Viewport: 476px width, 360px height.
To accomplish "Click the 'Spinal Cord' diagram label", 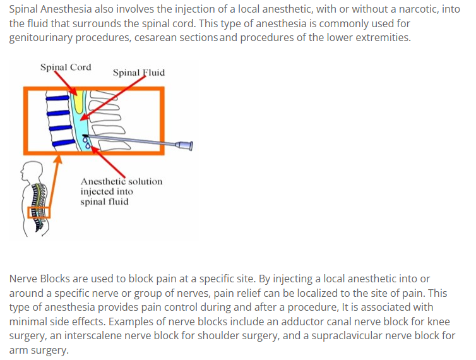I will pyautogui.click(x=66, y=67).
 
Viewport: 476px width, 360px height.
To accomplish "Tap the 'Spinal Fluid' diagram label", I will pyautogui.click(x=139, y=73).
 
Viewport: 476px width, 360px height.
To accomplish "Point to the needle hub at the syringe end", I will pyautogui.click(x=186, y=146).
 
